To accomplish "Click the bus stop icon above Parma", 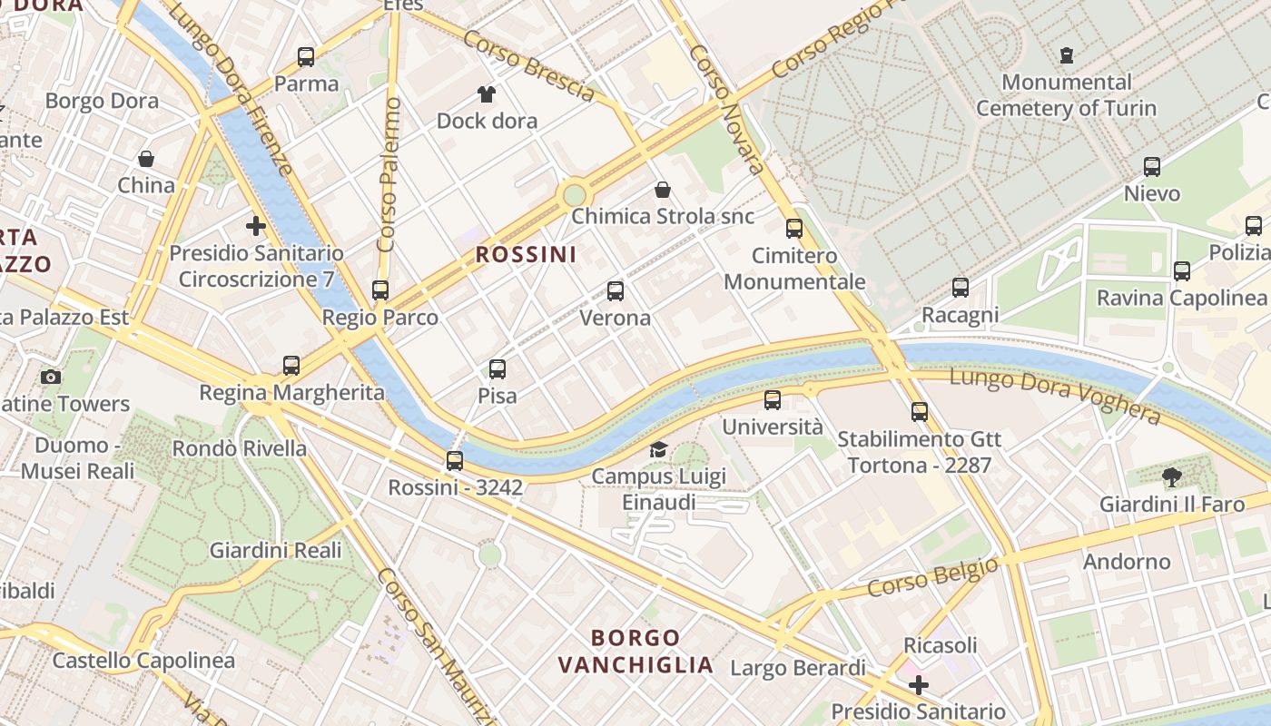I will [x=306, y=57].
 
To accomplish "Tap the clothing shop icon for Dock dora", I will [x=487, y=94].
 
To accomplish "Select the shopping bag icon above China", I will [x=145, y=159].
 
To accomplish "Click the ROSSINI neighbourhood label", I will [x=526, y=255].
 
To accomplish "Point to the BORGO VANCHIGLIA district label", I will [x=635, y=651].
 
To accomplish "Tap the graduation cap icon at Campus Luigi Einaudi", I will [x=658, y=449].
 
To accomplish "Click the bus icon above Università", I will [x=772, y=399].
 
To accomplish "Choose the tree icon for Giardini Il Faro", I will [x=1172, y=477].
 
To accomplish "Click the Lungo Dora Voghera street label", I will [x=1055, y=397].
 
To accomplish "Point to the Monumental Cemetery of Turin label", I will [x=1066, y=95].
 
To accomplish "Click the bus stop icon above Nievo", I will [x=1151, y=167].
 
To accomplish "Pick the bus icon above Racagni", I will [x=961, y=289].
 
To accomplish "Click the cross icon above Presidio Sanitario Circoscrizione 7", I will [x=256, y=225].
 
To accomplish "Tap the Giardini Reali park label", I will [x=275, y=551].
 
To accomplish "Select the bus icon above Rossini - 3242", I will [x=455, y=461].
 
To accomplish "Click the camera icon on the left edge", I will [x=51, y=377].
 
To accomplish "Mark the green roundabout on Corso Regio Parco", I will [x=574, y=194].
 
